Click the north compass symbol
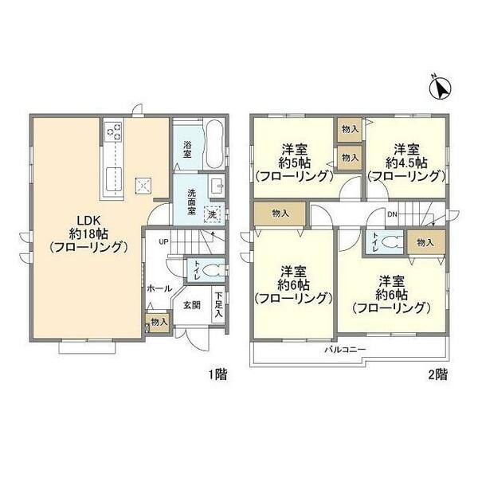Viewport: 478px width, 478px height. (x=441, y=88)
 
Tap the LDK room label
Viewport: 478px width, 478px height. (x=88, y=221)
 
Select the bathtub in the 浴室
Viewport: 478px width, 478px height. (x=214, y=144)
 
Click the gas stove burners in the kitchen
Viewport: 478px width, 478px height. (x=114, y=131)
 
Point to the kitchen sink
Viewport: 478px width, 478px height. (x=114, y=178)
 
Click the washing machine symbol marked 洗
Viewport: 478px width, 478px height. (x=212, y=214)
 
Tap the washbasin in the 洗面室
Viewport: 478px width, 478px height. (x=217, y=185)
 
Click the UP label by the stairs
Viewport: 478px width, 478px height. (x=163, y=241)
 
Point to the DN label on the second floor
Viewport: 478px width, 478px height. (x=392, y=214)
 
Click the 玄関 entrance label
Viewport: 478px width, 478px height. (x=192, y=305)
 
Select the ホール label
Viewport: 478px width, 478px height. (x=159, y=288)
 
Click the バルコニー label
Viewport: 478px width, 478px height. (x=344, y=350)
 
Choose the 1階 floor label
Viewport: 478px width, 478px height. (x=217, y=374)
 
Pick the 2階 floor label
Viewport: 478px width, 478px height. (x=438, y=374)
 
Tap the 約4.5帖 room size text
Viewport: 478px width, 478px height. (x=406, y=163)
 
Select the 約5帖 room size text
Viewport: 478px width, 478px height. (x=294, y=163)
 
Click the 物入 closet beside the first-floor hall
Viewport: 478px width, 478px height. (x=159, y=322)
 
